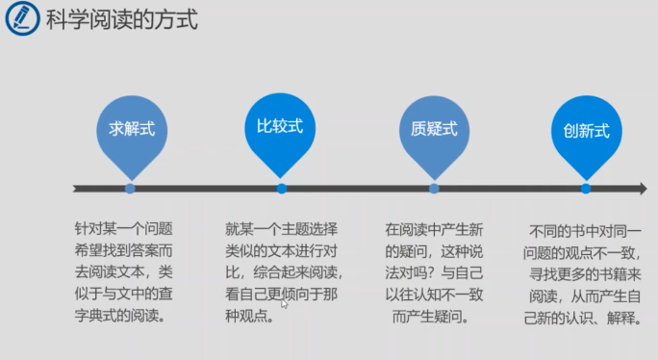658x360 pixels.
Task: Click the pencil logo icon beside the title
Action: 23,18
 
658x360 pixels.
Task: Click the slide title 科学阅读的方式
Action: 122,19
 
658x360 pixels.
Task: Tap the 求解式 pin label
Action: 132,129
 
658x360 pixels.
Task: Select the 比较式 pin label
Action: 280,126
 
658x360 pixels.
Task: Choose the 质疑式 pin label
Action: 434,129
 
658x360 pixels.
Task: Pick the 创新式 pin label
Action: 586,131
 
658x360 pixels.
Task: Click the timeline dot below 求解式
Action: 130,189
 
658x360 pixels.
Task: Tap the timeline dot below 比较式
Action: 282,189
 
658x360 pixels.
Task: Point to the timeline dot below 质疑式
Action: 434,189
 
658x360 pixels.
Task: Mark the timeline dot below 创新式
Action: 586,189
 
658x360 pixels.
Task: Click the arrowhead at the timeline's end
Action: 643,189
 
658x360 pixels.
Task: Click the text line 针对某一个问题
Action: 124,229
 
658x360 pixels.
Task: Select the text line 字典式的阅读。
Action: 120,315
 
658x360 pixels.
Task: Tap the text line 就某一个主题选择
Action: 281,229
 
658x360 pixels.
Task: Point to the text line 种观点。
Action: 250,316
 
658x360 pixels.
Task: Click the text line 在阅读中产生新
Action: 434,230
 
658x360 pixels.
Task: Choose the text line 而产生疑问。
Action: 431,317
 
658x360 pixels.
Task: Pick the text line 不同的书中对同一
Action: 585,231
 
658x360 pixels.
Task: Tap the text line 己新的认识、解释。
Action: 583,318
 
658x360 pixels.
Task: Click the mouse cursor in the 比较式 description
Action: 284,303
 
